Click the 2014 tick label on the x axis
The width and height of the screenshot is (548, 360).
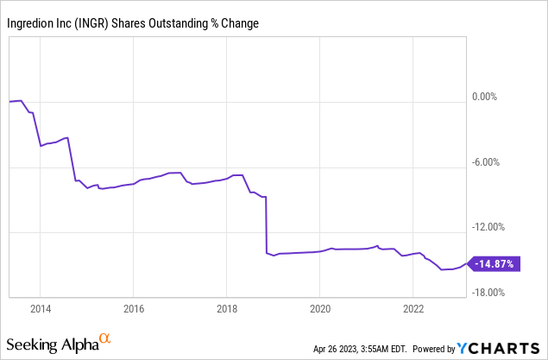(x=40, y=307)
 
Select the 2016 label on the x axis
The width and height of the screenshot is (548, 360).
(x=133, y=307)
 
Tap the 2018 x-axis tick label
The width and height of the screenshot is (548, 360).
(x=226, y=307)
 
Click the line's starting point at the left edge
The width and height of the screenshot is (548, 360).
(x=9, y=102)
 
